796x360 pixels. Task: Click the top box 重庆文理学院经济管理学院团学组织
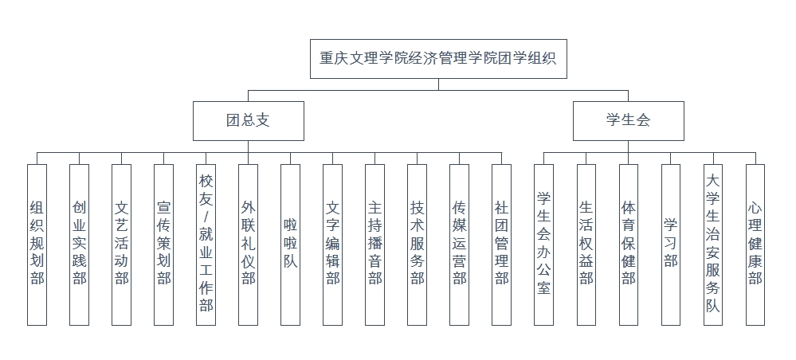438,58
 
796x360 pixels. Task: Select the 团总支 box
247,121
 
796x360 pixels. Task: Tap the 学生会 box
628,121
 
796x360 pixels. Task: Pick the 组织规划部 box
37,244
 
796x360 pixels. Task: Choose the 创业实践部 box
79,244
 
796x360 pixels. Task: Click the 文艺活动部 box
121,244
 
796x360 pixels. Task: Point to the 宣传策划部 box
163,244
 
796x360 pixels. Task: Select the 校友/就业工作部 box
206,244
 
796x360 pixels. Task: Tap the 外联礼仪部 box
248,244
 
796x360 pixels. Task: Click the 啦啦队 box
290,244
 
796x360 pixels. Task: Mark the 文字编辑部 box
332,244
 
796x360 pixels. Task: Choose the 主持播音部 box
374,244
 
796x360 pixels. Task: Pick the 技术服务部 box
417,244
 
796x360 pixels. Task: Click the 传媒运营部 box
459,244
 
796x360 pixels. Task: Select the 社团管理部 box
501,244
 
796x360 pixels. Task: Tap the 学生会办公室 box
543,244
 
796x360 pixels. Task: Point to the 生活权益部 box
586,244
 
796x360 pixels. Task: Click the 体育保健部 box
628,244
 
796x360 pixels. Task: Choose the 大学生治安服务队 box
712,244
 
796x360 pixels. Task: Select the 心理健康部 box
755,244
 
